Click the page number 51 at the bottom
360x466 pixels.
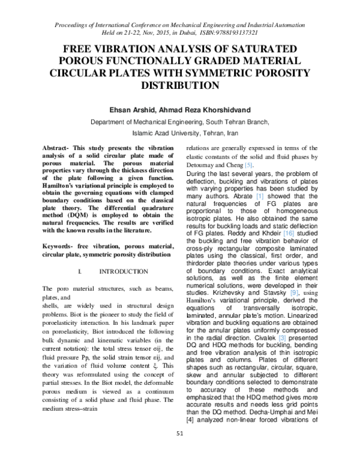click(180, 450)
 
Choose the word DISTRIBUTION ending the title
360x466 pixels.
click(180, 86)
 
